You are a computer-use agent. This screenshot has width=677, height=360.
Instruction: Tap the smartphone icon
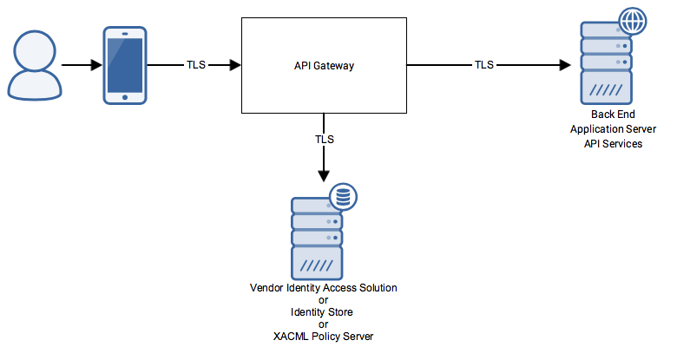coord(124,66)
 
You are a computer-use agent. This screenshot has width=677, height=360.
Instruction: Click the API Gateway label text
coord(324,66)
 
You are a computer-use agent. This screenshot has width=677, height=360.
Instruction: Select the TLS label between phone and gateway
coord(196,65)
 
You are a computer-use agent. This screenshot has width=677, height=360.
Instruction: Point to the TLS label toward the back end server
coord(484,65)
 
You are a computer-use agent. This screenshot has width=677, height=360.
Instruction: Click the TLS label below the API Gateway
coord(324,139)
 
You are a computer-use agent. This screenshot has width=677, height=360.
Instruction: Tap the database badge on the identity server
coord(344,199)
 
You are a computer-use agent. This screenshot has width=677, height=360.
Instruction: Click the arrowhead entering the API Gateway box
coord(234,65)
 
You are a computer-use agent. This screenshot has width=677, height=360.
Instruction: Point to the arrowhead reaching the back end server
coord(565,65)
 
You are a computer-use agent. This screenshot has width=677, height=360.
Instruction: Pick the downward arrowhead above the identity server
coord(324,174)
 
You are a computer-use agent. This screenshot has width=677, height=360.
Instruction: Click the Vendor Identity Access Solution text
coord(323,287)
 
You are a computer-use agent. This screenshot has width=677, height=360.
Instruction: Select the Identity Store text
coord(323,311)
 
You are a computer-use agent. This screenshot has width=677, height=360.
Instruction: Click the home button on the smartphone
coord(124,96)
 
